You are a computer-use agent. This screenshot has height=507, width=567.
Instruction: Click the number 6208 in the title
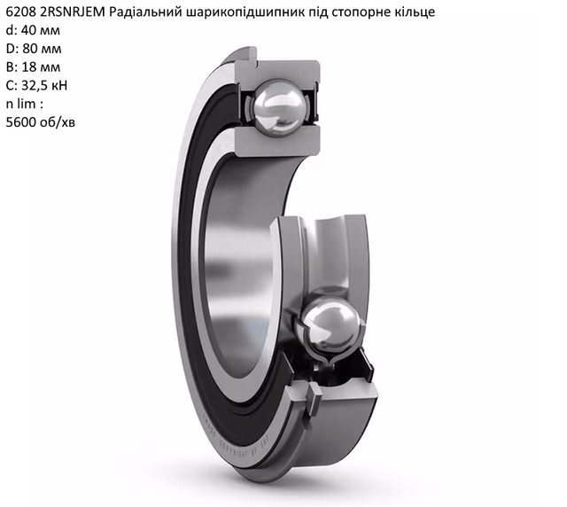coord(21,12)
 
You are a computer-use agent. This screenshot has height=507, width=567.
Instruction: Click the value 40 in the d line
coord(28,30)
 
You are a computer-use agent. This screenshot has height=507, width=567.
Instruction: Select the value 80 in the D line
coord(29,49)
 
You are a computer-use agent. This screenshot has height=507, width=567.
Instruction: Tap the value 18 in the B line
coord(28,67)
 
